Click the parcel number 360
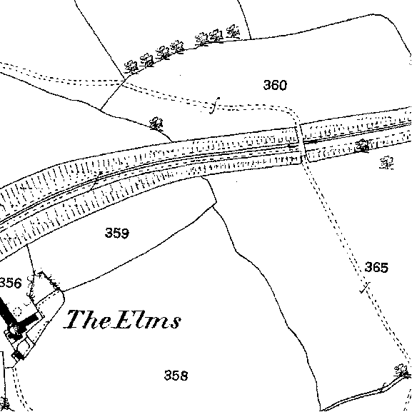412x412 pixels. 275,85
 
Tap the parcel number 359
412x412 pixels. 117,233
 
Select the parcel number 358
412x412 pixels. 176,375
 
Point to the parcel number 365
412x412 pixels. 376,267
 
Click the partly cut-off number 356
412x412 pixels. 10,283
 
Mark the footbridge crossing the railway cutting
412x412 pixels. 301,144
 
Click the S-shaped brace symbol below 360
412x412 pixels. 214,106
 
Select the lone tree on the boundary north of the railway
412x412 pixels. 156,124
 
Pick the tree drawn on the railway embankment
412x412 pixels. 363,146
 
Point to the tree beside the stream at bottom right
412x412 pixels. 402,371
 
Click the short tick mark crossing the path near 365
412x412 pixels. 365,288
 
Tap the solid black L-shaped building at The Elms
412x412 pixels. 16,310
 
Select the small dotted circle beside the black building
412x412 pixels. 17,312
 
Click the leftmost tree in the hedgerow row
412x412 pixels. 131,67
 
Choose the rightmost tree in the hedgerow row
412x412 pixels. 233,31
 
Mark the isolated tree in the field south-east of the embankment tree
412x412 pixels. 387,163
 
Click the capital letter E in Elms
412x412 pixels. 124,319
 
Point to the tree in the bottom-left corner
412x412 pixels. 5,404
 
